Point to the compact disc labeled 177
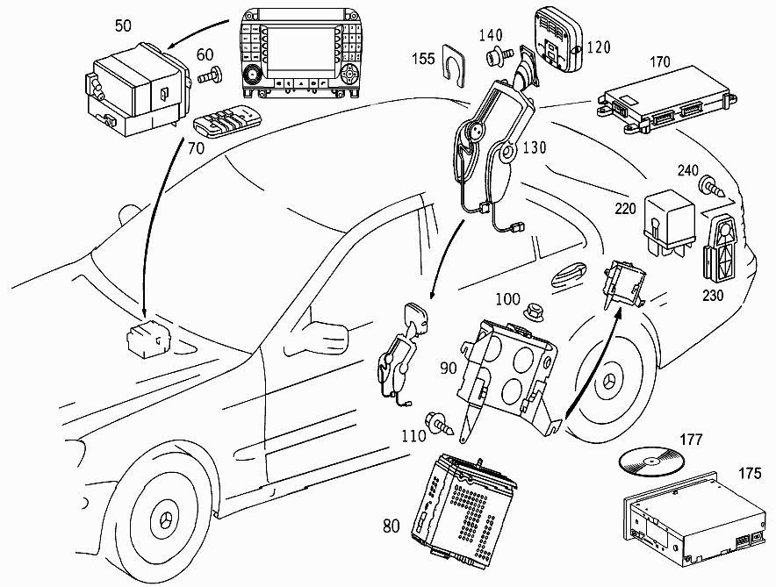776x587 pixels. pyautogui.click(x=652, y=458)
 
